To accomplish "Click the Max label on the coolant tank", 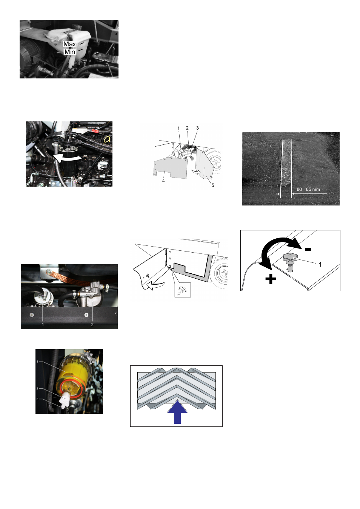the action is tap(69, 44).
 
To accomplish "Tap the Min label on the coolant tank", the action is tap(70, 52).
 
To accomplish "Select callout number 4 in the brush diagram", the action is tap(163, 181).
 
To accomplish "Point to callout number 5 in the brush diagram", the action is tap(212, 185).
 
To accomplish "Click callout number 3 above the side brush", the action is tap(197, 128).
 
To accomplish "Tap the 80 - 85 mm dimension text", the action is tap(308, 189).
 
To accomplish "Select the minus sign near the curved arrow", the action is tap(308, 249).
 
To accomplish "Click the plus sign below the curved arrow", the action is tap(271, 279).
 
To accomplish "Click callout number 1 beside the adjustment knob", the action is tap(320, 265).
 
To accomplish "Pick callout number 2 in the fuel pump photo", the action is tap(92, 325).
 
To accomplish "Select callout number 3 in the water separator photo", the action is tap(37, 399).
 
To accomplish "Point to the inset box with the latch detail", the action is tap(183, 290).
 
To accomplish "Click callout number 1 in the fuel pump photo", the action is tap(43, 325).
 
